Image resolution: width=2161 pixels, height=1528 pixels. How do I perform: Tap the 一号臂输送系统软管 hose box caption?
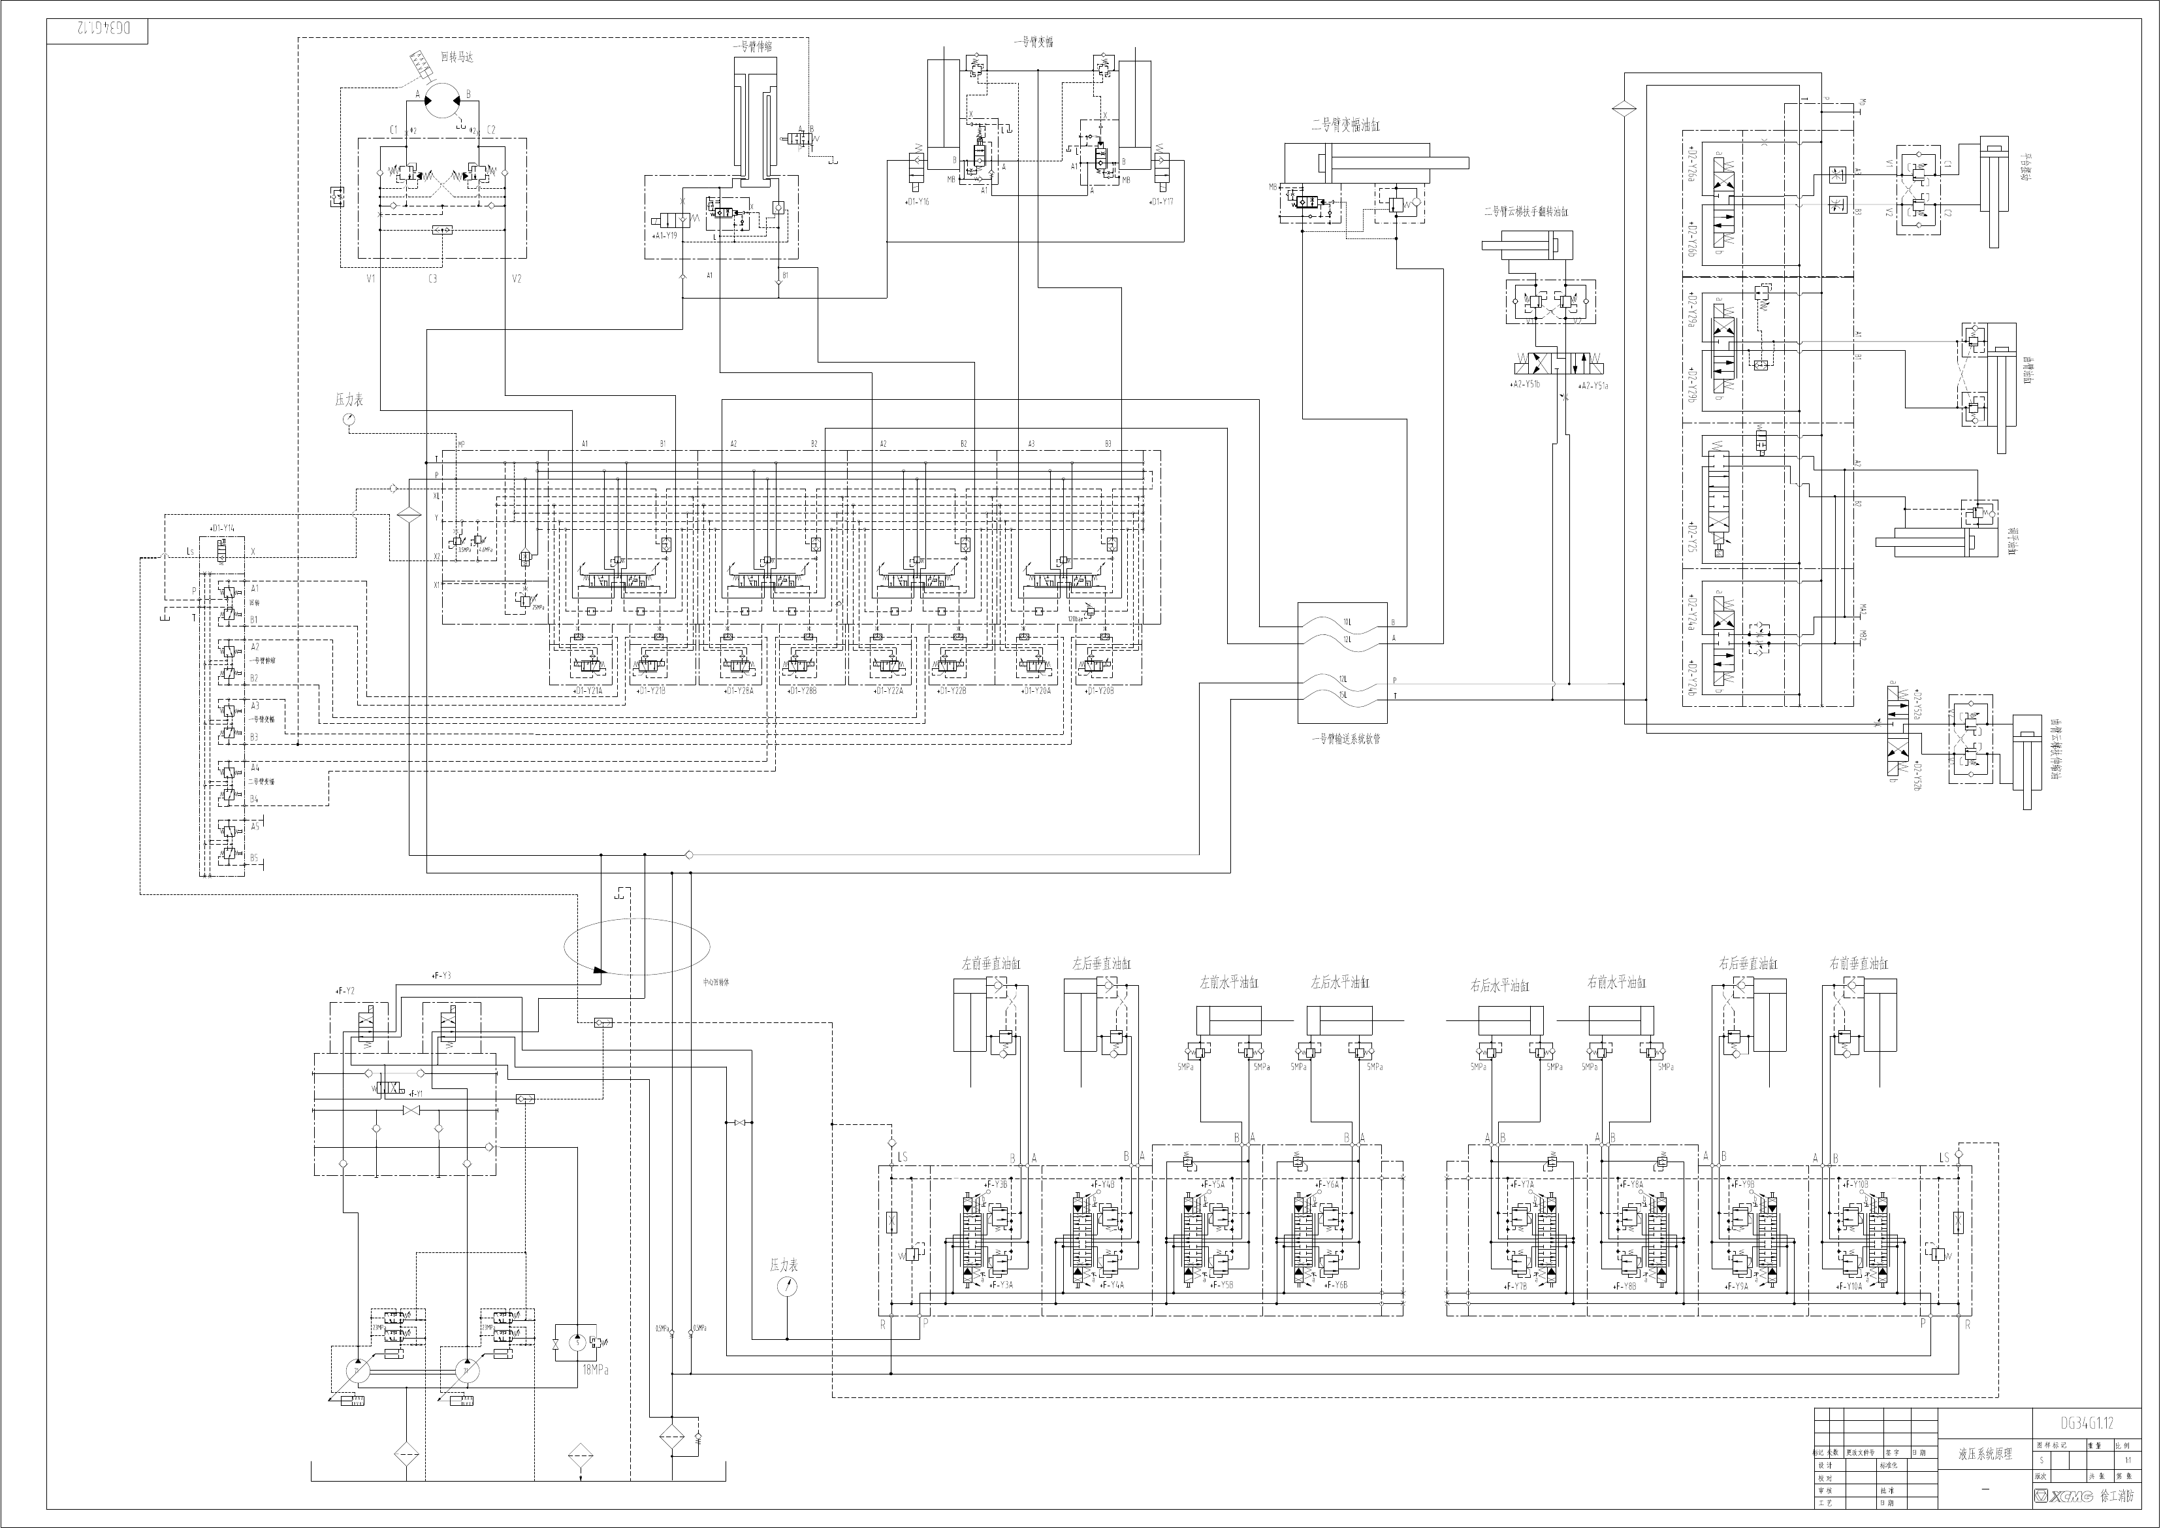1346,739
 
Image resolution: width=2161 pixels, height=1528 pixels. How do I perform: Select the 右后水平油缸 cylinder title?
1499,986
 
